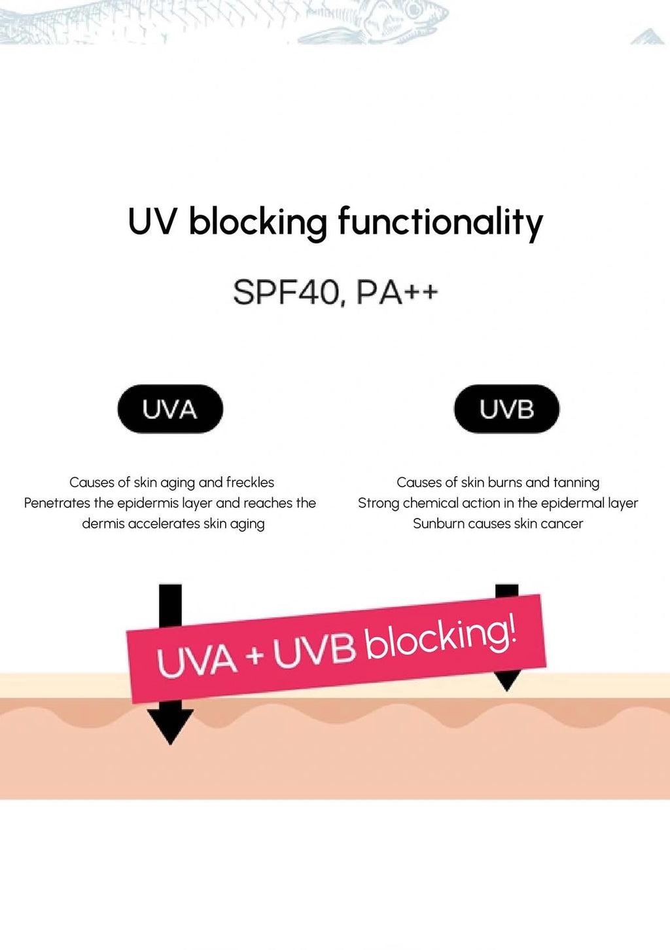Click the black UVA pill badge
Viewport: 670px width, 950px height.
pos(170,409)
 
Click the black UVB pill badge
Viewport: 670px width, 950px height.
pos(506,409)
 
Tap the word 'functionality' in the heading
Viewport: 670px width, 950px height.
pos(440,223)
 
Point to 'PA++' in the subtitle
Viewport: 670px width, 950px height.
pos(397,293)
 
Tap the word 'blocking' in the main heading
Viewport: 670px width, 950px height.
pos(258,223)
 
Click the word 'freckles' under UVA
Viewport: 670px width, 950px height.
pos(250,483)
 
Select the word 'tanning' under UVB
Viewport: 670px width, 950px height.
pos(576,483)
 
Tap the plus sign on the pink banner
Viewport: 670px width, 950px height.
pos(255,655)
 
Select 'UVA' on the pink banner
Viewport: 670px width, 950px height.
pos(196,660)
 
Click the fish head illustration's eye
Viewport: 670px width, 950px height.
pos(414,9)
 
